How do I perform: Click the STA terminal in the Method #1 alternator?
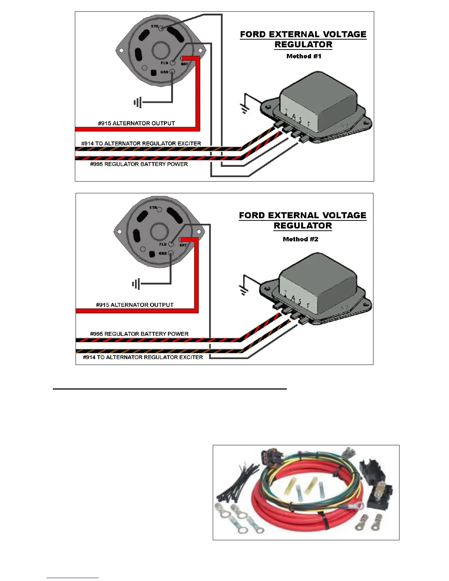tap(161, 28)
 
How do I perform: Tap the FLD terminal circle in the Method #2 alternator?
tap(171, 244)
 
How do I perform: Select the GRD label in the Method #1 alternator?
tap(164, 72)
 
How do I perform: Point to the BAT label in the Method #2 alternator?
tap(183, 245)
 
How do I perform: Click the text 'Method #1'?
tap(304, 56)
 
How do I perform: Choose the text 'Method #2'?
tap(300, 239)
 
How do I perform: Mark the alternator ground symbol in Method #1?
tap(138, 102)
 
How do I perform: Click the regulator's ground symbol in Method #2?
tap(243, 290)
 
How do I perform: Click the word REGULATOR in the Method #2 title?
tap(303, 226)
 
